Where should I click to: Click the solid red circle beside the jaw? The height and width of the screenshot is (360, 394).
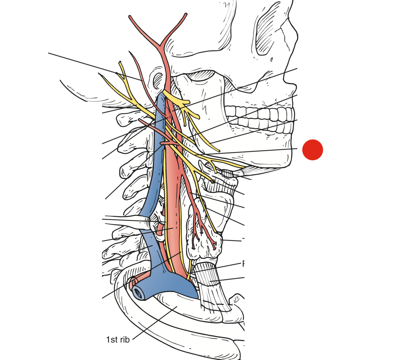(312, 150)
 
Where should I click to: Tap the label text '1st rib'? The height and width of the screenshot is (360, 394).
(118, 340)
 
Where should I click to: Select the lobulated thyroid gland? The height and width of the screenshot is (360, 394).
(204, 233)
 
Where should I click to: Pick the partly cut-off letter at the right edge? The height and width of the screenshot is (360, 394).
(243, 263)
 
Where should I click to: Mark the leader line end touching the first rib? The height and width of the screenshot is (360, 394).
(177, 307)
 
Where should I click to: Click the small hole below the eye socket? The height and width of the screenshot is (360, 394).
(271, 60)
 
